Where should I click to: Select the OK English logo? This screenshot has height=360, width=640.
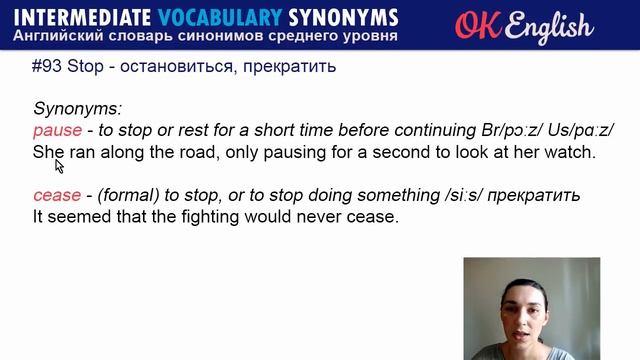click(523, 25)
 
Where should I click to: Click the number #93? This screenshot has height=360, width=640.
click(48, 68)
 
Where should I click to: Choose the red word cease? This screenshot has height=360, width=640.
click(56, 194)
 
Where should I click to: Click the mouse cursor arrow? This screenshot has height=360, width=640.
click(59, 165)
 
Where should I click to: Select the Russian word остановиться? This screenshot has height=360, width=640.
click(174, 68)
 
